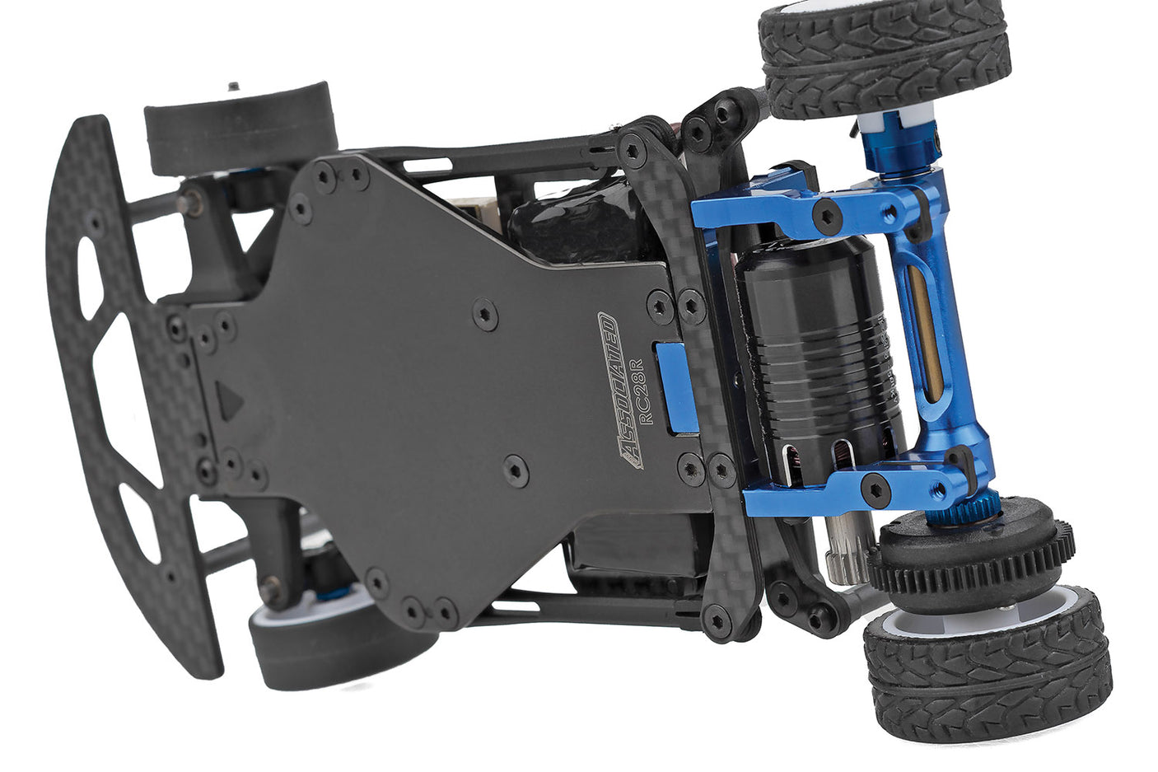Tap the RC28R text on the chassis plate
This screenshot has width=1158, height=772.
[645, 391]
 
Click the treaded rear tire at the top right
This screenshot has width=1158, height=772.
[885, 58]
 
